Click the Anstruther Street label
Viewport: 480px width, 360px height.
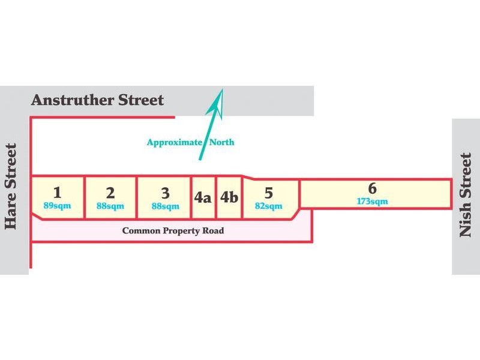click(97, 100)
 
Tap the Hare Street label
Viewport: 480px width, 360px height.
click(11, 187)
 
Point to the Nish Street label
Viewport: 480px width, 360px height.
click(466, 195)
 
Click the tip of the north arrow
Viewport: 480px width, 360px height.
click(223, 89)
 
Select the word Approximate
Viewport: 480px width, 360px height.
click(175, 143)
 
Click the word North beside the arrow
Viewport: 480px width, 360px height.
click(222, 142)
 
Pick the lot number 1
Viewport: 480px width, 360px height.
click(57, 193)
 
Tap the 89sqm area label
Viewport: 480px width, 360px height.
click(57, 205)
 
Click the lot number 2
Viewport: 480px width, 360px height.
click(110, 193)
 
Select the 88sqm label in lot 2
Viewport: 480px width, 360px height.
click(110, 206)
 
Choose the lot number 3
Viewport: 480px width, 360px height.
click(166, 193)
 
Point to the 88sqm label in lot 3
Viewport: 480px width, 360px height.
click(166, 206)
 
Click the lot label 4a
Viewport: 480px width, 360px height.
click(203, 197)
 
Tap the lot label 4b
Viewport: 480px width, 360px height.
click(229, 197)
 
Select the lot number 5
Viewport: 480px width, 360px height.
click(268, 193)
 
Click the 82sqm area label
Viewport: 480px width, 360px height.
click(268, 206)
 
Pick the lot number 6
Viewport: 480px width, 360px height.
click(372, 188)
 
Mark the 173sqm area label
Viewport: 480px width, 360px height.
click(372, 202)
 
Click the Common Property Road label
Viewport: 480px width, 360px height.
click(173, 231)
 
